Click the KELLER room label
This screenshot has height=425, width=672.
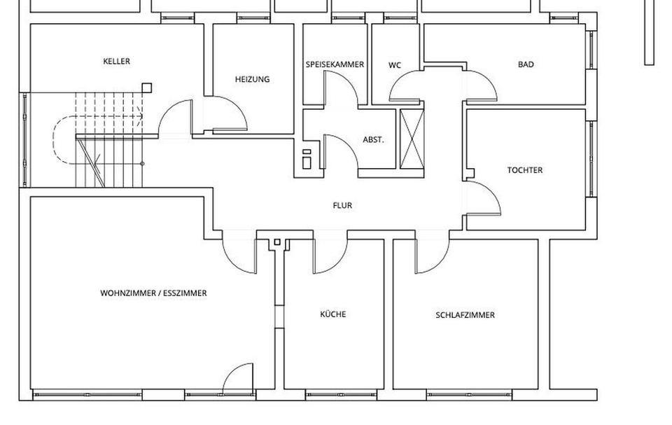[x=116, y=62]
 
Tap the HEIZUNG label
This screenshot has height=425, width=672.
[x=252, y=79]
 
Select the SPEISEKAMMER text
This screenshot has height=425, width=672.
[x=335, y=64]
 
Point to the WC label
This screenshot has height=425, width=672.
[x=395, y=65]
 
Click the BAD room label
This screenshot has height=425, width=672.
[x=526, y=64]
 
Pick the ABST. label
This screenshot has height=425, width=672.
[x=373, y=139]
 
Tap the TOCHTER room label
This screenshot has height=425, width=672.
[x=525, y=170]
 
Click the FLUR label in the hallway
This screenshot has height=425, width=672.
[x=342, y=206]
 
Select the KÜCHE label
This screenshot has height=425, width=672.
[x=333, y=314]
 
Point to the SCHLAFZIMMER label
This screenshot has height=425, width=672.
[x=465, y=315]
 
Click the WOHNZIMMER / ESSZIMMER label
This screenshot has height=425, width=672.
[x=153, y=293]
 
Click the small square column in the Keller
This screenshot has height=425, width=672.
[x=146, y=88]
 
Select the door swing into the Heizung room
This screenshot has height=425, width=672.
[x=230, y=116]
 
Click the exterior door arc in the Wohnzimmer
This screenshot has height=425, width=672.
[x=238, y=377]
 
